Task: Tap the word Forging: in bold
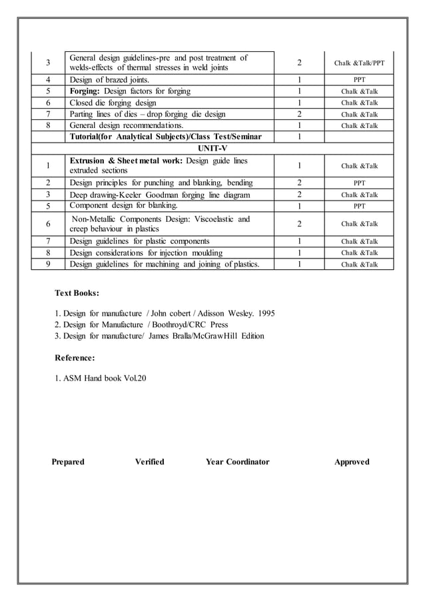(x=85, y=91)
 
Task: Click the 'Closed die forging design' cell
(x=113, y=103)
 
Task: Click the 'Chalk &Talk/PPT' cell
(x=359, y=63)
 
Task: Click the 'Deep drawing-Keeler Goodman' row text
(x=161, y=195)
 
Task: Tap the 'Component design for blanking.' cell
(x=124, y=205)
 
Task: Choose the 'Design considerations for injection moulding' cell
(x=146, y=253)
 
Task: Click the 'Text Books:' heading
(x=77, y=293)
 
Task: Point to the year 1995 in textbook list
(x=264, y=313)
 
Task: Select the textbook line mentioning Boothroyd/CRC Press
(x=141, y=324)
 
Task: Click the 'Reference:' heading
(x=75, y=358)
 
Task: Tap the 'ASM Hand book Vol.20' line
(x=101, y=378)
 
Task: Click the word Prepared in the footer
(x=68, y=462)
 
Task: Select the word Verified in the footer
(x=149, y=462)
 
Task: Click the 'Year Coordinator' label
(x=237, y=462)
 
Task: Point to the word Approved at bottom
(x=352, y=462)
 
